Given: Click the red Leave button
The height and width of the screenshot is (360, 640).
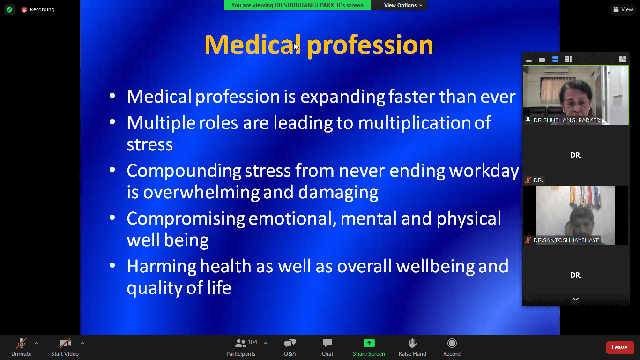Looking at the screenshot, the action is coord(619,347).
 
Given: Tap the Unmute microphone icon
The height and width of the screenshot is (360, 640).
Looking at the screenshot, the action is coord(21,343).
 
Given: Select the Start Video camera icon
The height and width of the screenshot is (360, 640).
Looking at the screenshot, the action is coord(65,343).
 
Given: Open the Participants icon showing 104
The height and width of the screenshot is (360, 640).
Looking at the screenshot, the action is coord(240,343).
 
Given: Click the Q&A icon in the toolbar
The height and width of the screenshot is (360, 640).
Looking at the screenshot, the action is coord(290,343).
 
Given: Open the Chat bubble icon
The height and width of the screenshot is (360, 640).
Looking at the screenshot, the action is coord(327,343).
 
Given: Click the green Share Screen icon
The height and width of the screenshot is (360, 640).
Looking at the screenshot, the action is coord(369,343).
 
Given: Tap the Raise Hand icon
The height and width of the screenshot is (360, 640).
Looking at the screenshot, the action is coord(413,343).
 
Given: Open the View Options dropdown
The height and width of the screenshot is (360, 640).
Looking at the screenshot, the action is coord(403,5).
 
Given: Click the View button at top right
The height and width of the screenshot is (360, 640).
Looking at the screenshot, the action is coord(623,9).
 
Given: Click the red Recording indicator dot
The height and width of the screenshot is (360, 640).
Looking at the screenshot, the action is coord(24,9).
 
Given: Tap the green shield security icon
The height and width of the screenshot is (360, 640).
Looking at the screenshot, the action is coord(9,9).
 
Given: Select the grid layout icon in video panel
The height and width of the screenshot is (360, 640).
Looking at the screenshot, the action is coord(568,59).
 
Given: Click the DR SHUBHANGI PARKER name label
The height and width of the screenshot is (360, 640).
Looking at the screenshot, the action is coord(566,120).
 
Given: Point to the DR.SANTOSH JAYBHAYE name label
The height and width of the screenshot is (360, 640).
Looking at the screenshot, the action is coord(566,240).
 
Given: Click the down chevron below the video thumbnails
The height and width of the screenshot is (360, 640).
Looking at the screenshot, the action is coord(576,299).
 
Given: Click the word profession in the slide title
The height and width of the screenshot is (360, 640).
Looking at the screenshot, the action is coord(370,45).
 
